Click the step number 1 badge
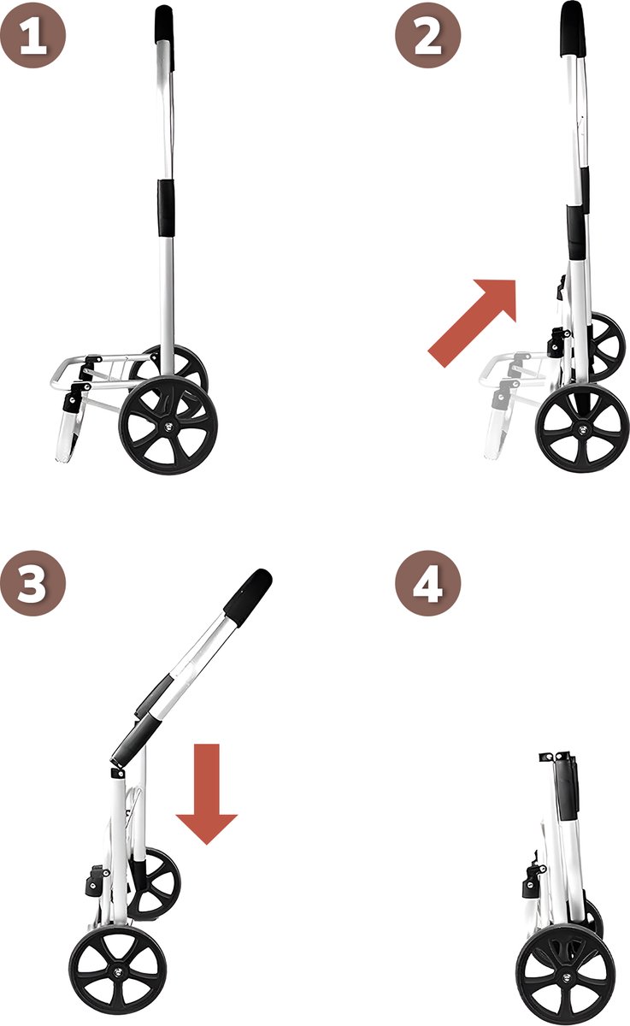tap(33, 35)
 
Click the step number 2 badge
tap(428, 35)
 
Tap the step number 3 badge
tap(33, 583)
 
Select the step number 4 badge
tap(428, 583)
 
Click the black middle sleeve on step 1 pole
tap(166, 208)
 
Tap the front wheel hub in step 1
tap(168, 426)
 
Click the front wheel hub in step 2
tap(582, 428)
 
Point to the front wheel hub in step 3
tap(118, 971)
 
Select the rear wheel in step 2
tap(605, 347)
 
